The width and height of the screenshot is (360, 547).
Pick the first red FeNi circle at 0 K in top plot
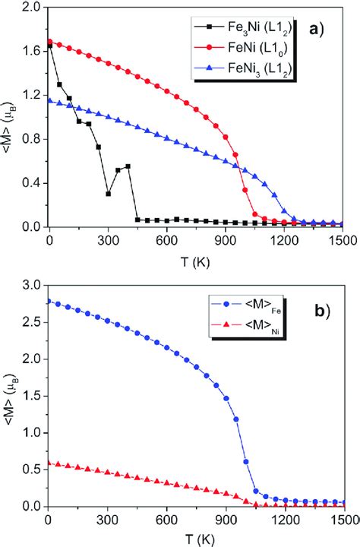(49, 42)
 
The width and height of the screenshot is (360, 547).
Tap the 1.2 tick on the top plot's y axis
(31, 95)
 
